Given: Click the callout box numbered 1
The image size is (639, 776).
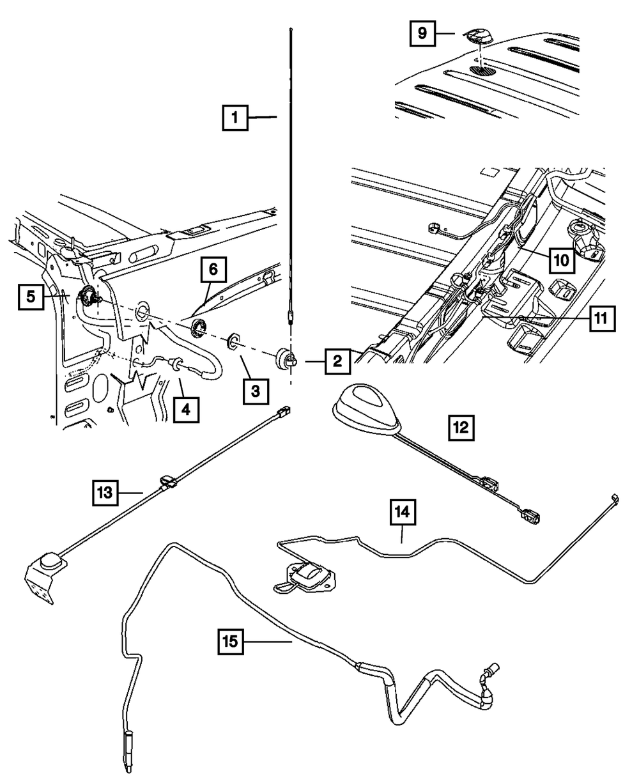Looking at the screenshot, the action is pos(235,118).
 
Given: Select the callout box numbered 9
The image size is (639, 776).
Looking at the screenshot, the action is pos(422,33).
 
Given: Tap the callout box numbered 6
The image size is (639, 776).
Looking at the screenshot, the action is pos(213,270).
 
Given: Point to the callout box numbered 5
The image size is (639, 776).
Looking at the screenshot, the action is pos(31,297).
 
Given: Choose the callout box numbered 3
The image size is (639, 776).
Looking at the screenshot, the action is pos(256,391).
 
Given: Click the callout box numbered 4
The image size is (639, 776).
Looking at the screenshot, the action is pos(186,410).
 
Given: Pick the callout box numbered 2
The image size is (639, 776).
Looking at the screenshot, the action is pos(337,361).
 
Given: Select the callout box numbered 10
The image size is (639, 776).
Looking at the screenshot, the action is pos(561,261).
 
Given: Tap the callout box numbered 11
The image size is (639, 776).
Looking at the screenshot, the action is pos(602,318).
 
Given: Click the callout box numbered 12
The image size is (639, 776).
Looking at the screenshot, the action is pos(461,428).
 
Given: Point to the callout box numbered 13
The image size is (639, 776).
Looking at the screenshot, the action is pos(105,493).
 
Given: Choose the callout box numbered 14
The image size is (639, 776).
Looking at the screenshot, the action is pos(403,512).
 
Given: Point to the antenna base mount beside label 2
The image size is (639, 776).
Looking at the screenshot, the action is pos(286,358).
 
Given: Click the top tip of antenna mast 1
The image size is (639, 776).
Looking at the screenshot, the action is pos(291,29).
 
